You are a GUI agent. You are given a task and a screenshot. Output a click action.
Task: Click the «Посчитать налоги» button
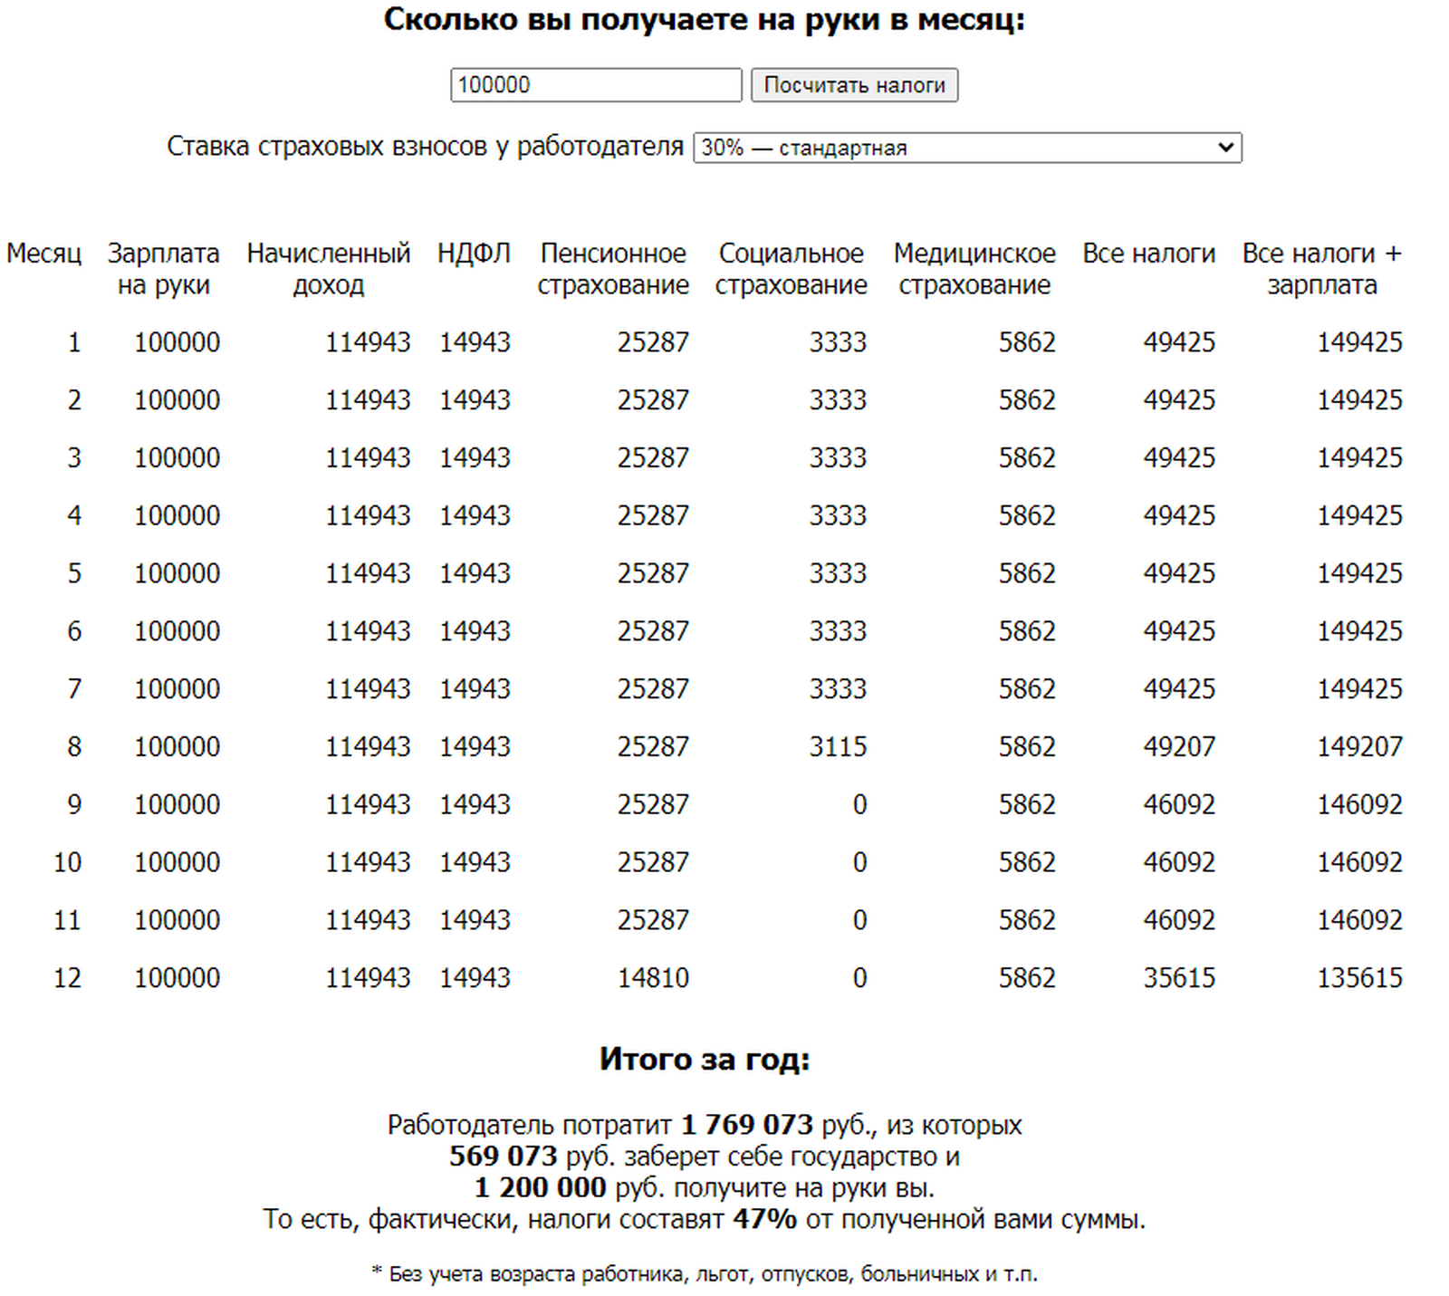point(854,85)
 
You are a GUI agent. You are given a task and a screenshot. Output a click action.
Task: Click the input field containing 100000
point(596,85)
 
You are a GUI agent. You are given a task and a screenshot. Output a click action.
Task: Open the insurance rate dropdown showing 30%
point(966,148)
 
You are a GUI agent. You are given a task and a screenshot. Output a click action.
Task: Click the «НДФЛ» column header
point(474,254)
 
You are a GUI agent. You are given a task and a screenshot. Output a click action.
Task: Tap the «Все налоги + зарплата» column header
point(1321,269)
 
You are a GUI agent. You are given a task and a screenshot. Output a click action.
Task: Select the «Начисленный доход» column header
point(328,269)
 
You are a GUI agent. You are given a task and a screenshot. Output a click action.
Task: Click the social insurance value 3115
point(838,747)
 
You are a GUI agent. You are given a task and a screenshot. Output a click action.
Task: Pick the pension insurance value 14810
point(653,978)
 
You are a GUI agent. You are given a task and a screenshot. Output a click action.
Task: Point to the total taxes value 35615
point(1178,978)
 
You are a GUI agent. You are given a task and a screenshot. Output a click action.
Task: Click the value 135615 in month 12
point(1358,978)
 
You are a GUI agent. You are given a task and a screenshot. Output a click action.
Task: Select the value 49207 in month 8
point(1178,747)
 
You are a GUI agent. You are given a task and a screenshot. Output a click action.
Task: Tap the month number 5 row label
point(74,573)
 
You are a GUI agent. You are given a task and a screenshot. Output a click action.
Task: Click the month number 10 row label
point(67,862)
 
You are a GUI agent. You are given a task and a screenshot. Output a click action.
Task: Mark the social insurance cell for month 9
point(859,805)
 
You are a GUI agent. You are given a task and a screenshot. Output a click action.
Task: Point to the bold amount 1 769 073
point(746,1125)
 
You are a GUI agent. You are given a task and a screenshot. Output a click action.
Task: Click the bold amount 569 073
point(503,1157)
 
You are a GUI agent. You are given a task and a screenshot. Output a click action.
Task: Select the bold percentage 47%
point(764,1219)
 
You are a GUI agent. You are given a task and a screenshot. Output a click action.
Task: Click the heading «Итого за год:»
point(705,1060)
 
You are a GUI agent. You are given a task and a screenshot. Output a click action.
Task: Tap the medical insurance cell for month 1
point(1027,342)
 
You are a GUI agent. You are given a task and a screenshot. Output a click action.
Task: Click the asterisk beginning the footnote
point(377,1272)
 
